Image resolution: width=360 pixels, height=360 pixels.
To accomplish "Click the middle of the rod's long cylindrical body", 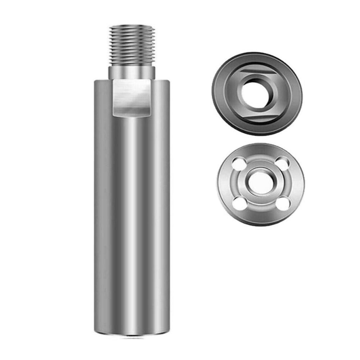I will click(132, 216).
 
